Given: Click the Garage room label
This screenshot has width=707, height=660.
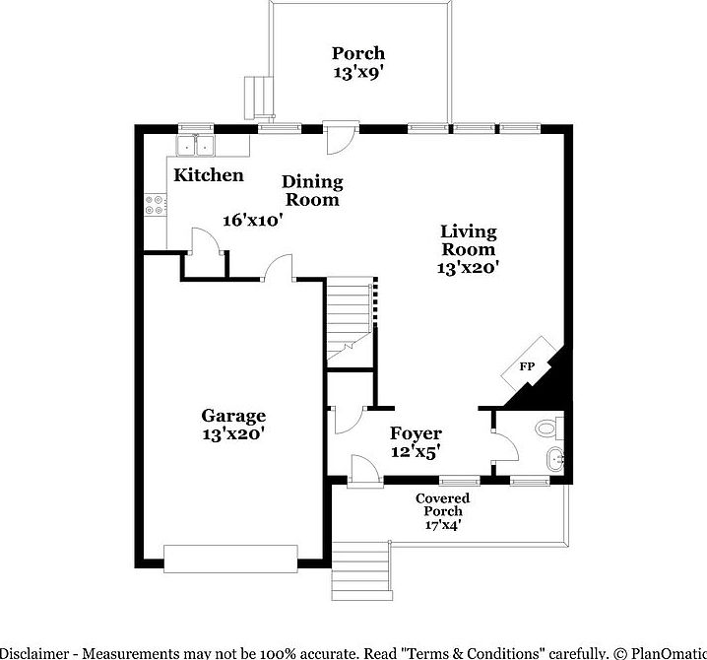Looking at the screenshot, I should pos(233,416).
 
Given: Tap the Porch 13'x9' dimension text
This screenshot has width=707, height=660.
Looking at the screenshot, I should pos(357,72).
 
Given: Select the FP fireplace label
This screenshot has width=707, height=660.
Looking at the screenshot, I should pos(527,366).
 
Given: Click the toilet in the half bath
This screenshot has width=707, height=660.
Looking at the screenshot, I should pos(547,428).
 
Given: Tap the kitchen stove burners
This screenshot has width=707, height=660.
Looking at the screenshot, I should pos(156,205).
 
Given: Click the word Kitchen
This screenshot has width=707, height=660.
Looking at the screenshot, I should pos(209,175).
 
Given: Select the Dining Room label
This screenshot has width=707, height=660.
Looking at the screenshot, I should pos(312,190).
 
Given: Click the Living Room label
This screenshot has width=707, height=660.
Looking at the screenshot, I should pos(469,240).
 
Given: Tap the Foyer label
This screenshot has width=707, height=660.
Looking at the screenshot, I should pos(416,433).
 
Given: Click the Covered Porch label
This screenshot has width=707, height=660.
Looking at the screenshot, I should pos(442,504).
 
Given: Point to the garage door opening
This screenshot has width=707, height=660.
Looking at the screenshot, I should pos(231,559).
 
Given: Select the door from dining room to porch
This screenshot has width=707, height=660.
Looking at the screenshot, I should pos(338,138).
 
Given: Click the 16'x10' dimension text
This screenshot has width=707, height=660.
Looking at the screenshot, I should pos(253,221).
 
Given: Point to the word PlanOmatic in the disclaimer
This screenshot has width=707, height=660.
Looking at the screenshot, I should pos(664,652).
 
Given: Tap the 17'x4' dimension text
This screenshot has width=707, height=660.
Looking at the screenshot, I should pos(442,526).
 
